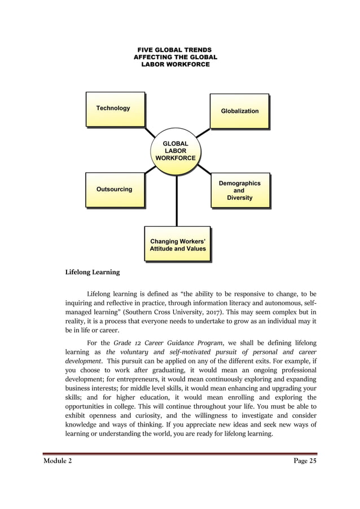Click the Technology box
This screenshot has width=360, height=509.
(x=115, y=109)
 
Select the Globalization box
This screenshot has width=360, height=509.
(x=239, y=111)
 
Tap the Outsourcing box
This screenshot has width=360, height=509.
(x=115, y=190)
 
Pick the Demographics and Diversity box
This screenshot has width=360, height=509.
(x=239, y=191)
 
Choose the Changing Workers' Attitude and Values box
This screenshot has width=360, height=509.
(x=177, y=244)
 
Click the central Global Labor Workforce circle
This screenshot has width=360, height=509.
(x=175, y=151)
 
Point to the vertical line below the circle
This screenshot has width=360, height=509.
(x=177, y=200)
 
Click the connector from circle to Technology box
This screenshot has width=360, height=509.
(x=150, y=132)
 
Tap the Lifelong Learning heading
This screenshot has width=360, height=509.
(x=93, y=272)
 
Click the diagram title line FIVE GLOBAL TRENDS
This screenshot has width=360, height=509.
(x=175, y=50)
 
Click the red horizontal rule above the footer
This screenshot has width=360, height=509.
(x=180, y=454)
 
